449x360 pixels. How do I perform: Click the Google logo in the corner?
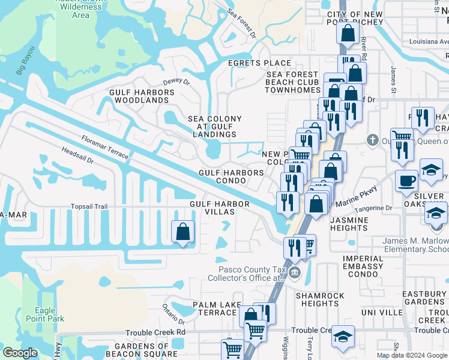[x=20, y=353]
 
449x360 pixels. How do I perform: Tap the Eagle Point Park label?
[x=49, y=315]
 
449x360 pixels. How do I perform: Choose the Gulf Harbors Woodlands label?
[x=142, y=97]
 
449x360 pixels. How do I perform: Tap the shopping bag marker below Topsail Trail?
[x=182, y=231]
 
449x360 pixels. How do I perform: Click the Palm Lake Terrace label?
[x=214, y=309]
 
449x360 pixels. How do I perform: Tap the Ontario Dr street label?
[x=172, y=311]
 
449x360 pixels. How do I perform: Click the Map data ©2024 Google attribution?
[x=411, y=355]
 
